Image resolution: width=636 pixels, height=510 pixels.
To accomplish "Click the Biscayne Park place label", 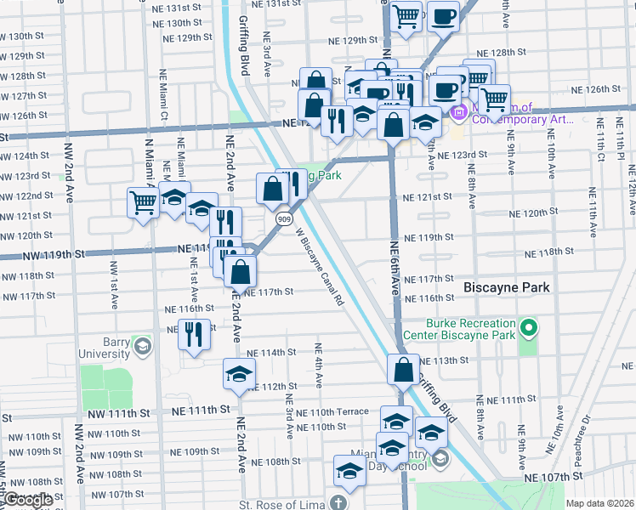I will (x=507, y=288).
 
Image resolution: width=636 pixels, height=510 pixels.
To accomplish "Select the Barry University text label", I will (x=106, y=347).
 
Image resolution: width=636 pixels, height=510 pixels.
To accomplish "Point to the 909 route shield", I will (x=281, y=219).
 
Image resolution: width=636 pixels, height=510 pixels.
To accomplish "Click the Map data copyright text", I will (x=599, y=503).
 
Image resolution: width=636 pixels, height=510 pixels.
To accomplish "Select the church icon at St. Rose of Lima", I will (x=339, y=501).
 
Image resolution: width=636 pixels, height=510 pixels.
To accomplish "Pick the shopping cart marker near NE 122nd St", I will (x=143, y=202).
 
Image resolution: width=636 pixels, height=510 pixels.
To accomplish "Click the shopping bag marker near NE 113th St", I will (x=402, y=370).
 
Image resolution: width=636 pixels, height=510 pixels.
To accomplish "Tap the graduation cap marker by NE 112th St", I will (x=239, y=373).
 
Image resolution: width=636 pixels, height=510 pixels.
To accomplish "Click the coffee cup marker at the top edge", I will (x=442, y=17).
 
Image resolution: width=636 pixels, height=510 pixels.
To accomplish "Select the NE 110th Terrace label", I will (x=341, y=411).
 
